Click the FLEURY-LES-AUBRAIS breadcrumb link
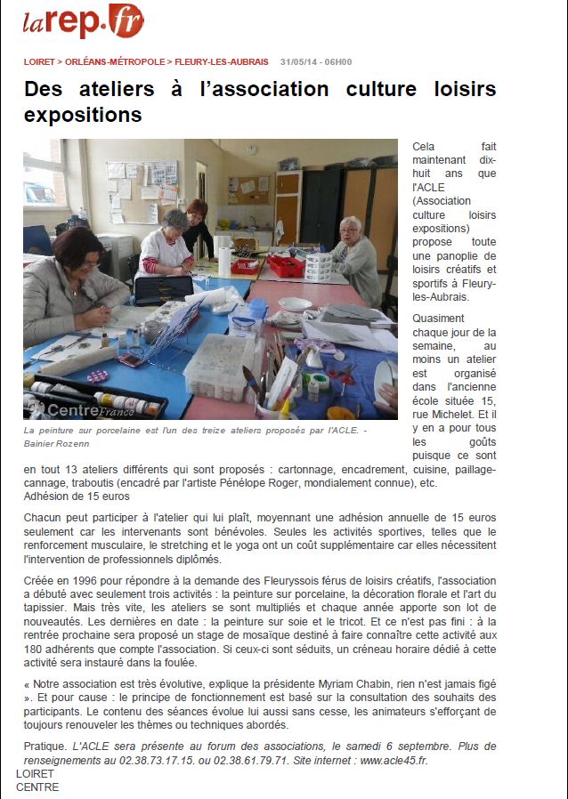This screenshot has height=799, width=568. point(221,62)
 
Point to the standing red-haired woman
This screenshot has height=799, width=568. point(198,227)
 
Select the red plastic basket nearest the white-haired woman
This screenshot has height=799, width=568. point(287,265)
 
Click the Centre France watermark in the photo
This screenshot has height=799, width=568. point(82,410)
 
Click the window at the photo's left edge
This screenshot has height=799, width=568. point(40,182)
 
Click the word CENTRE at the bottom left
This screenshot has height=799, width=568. point(37,787)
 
